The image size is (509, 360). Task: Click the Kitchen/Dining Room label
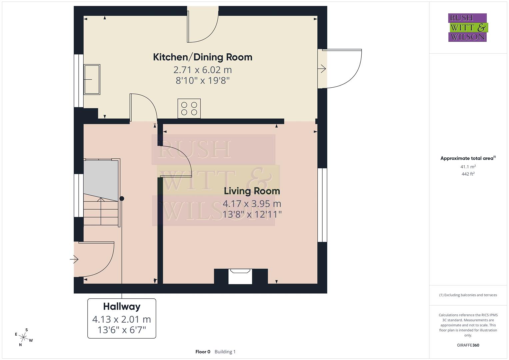click(202, 57)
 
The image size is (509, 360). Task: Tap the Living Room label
click(252, 191)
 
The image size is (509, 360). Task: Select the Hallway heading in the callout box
click(122, 306)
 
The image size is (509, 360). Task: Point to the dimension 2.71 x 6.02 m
click(202, 70)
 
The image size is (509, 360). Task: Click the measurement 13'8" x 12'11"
click(252, 214)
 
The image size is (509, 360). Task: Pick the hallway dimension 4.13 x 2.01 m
click(122, 319)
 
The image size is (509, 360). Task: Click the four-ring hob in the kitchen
click(189, 108)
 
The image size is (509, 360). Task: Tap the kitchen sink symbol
click(92, 80)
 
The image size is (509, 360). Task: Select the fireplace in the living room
click(240, 277)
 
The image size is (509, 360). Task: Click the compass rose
click(24, 337)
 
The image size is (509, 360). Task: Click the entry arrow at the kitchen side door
click(322, 69)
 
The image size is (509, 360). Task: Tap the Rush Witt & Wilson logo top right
click(467, 28)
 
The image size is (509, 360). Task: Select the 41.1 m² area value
click(468, 167)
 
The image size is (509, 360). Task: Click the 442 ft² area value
click(468, 174)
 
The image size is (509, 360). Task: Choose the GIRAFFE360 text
click(468, 345)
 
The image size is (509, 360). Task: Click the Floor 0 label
click(203, 352)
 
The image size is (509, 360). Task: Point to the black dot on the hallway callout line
click(122, 199)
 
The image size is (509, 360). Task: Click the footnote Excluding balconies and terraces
click(468, 295)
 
